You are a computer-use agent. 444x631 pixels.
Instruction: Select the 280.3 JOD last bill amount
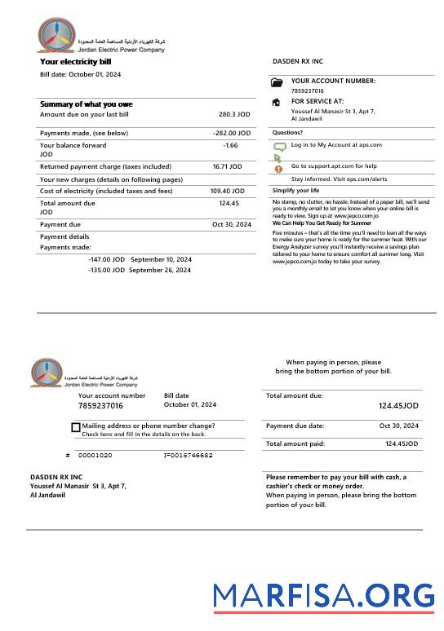(233, 115)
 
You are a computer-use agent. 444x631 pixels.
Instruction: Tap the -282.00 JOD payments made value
(231, 133)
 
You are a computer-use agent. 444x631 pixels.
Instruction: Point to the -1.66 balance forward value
(230, 145)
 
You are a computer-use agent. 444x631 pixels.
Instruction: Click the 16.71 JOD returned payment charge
(227, 166)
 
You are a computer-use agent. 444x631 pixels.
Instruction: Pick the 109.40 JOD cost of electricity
(225, 191)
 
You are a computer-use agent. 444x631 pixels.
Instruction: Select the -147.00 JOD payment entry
(106, 259)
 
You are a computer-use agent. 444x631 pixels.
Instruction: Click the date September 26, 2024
(161, 270)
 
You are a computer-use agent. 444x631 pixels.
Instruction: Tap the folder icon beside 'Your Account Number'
(277, 82)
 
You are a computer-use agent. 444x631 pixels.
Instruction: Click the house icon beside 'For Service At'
(277, 103)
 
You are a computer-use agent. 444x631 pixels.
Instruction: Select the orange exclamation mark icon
(277, 168)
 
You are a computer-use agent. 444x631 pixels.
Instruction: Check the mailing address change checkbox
(76, 427)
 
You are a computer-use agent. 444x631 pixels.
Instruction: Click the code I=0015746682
(188, 455)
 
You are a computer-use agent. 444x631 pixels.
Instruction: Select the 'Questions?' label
(287, 132)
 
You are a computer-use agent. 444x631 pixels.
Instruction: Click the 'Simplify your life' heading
(296, 190)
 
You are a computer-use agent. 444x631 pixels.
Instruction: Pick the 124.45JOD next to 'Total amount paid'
(402, 443)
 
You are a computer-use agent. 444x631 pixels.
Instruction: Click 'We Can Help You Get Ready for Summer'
(322, 223)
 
